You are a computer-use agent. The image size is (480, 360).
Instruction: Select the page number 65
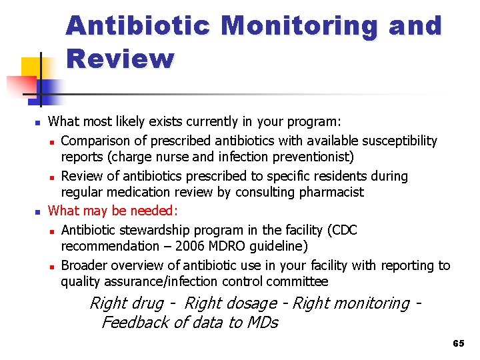click(x=458, y=343)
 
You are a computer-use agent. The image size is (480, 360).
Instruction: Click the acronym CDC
click(x=343, y=231)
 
